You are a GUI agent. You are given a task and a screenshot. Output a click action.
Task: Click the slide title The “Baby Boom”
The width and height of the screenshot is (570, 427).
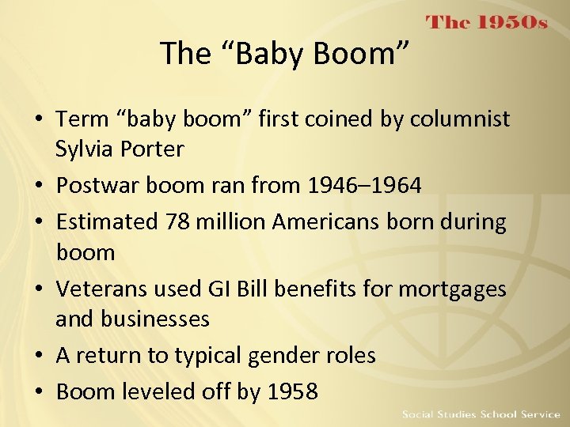coord(285,54)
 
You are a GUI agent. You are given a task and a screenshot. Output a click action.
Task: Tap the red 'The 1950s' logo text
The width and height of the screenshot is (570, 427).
coord(487,22)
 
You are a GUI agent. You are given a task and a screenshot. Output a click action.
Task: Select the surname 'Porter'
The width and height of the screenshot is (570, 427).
coord(157,149)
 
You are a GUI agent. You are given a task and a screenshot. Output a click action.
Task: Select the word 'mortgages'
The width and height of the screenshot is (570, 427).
coord(452,289)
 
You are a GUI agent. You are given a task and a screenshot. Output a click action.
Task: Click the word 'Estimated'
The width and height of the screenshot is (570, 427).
coord(107,222)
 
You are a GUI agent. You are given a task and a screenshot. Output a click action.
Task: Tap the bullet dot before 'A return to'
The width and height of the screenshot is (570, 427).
coord(39,356)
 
